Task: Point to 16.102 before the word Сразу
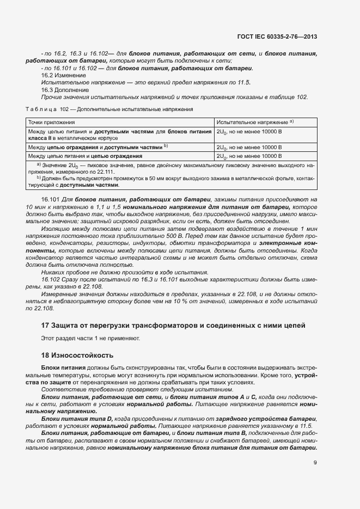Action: tap(51, 279)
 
